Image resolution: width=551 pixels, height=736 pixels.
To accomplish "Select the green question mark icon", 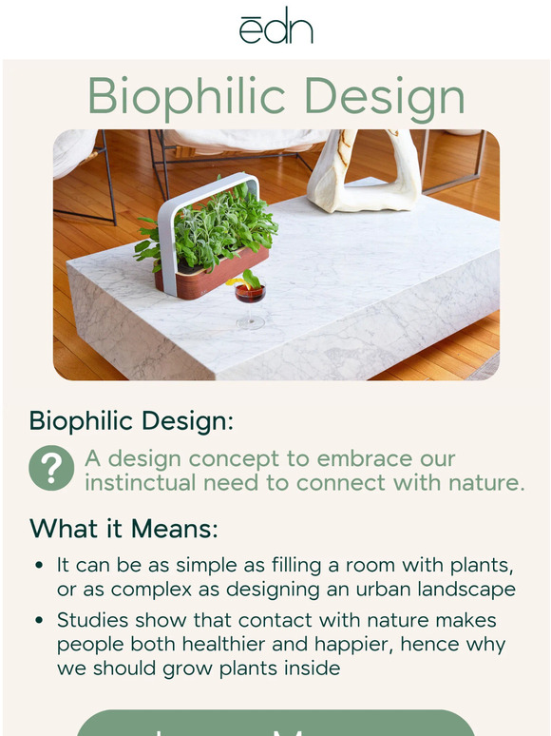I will pyautogui.click(x=51, y=468).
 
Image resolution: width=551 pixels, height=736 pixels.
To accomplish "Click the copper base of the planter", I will pyautogui.click(x=213, y=277).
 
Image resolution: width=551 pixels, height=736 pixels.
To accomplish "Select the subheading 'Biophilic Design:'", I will pyautogui.click(x=131, y=420).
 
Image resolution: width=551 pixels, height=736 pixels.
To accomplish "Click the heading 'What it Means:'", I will pyautogui.click(x=123, y=528).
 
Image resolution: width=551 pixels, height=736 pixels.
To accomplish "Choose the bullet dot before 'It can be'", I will pyautogui.click(x=39, y=566).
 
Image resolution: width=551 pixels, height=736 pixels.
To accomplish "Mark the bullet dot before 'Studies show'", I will pyautogui.click(x=39, y=621).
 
